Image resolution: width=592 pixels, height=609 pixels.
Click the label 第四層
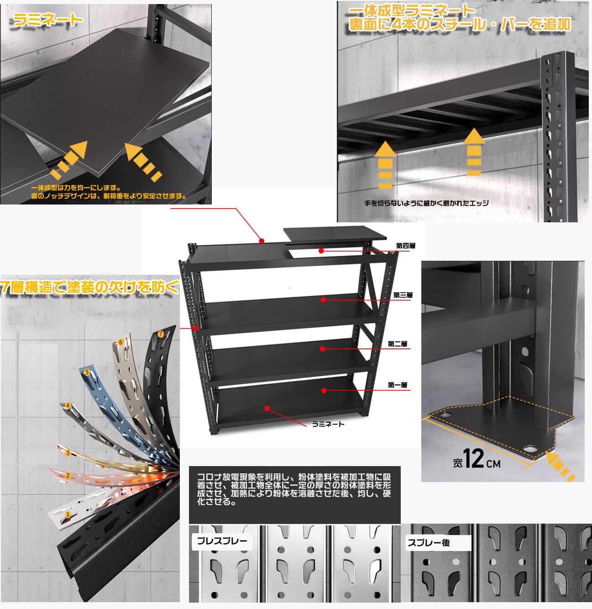pos(405,246)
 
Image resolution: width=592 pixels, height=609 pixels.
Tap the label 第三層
pos(403,295)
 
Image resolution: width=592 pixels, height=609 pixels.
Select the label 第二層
pos(398,344)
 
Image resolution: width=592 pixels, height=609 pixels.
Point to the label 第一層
pos(398,385)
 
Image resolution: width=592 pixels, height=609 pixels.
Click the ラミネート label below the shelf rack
pos(328,424)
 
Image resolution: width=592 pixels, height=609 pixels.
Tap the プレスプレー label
pos(222,541)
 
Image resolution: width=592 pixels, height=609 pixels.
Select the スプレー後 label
pos(429,543)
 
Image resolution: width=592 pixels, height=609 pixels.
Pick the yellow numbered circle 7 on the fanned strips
pos(161,334)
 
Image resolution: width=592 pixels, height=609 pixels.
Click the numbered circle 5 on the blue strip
pos(87,372)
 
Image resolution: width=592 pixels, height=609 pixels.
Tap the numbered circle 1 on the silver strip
pos(67,514)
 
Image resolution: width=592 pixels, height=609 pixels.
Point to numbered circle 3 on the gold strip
pos(68,453)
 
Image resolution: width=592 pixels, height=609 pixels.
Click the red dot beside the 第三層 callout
pos(323,300)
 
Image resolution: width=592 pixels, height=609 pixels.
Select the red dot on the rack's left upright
pos(195,328)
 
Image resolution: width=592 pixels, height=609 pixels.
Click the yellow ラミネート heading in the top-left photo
pos(48,20)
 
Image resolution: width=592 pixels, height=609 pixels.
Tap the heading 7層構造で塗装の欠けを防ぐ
pos(89,287)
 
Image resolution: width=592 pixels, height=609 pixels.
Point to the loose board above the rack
pos(335,234)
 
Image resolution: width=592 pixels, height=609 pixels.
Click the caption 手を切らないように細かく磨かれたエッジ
pos(426,203)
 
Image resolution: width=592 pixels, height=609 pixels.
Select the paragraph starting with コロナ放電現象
pos(294,489)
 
